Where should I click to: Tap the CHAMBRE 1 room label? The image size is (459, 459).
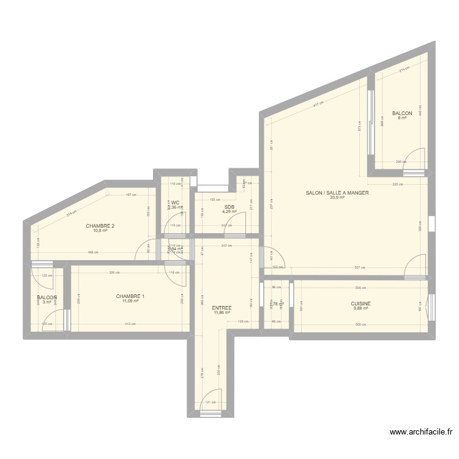(130, 296)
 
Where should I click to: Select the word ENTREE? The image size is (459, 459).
(222, 308)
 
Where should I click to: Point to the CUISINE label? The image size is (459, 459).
(360, 303)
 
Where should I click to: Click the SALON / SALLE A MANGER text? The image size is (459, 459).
(337, 193)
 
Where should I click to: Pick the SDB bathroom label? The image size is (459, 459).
(229, 207)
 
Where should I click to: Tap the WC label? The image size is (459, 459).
(175, 203)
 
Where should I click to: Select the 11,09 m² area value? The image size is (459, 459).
(130, 301)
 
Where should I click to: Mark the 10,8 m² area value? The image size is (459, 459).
(100, 231)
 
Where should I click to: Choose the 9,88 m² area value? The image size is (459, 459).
(360, 308)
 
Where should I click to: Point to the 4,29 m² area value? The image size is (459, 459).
(229, 212)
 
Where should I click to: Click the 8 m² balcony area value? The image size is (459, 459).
(402, 118)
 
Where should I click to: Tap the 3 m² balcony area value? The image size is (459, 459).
(47, 302)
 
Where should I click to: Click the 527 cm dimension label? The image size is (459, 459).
(360, 267)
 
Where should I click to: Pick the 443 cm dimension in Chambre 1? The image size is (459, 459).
(130, 324)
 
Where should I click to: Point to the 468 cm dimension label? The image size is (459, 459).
(92, 252)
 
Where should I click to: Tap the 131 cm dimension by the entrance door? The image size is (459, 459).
(210, 402)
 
